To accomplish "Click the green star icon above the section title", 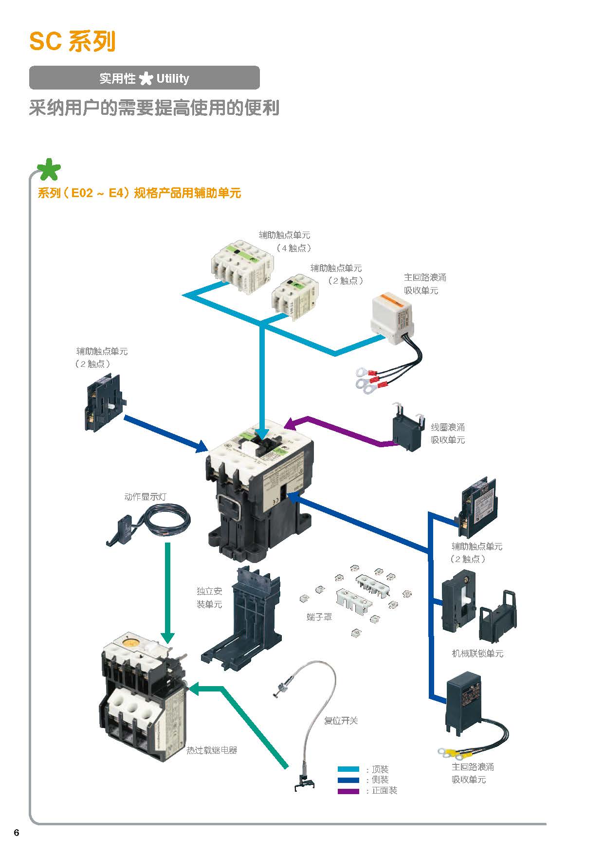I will (x=49, y=170).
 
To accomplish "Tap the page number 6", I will (x=17, y=833).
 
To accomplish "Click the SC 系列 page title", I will (x=72, y=41).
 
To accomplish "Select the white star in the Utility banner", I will (x=146, y=79).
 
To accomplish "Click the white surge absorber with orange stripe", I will (x=392, y=314).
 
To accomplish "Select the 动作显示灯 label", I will (x=145, y=497).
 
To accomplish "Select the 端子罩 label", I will (x=319, y=617).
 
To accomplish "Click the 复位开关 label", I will (x=341, y=721).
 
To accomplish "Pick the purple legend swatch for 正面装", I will (x=348, y=791).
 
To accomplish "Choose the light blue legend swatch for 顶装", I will (x=348, y=769).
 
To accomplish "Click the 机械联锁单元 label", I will (x=477, y=654).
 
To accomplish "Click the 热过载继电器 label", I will (x=212, y=750).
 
